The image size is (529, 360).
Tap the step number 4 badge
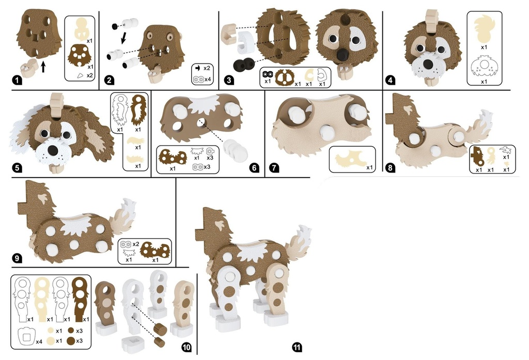[x=391, y=80]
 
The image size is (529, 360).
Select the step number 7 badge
[x=275, y=168]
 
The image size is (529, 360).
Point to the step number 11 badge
[x=297, y=347]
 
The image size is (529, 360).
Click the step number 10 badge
[x=186, y=347]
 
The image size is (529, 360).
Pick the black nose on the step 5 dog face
[x=52, y=150]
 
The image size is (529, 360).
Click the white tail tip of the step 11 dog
[x=303, y=234]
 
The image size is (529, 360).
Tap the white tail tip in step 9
[x=129, y=207]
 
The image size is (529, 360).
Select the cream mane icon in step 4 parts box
[x=484, y=28]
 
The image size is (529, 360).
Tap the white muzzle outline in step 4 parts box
[x=484, y=68]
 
